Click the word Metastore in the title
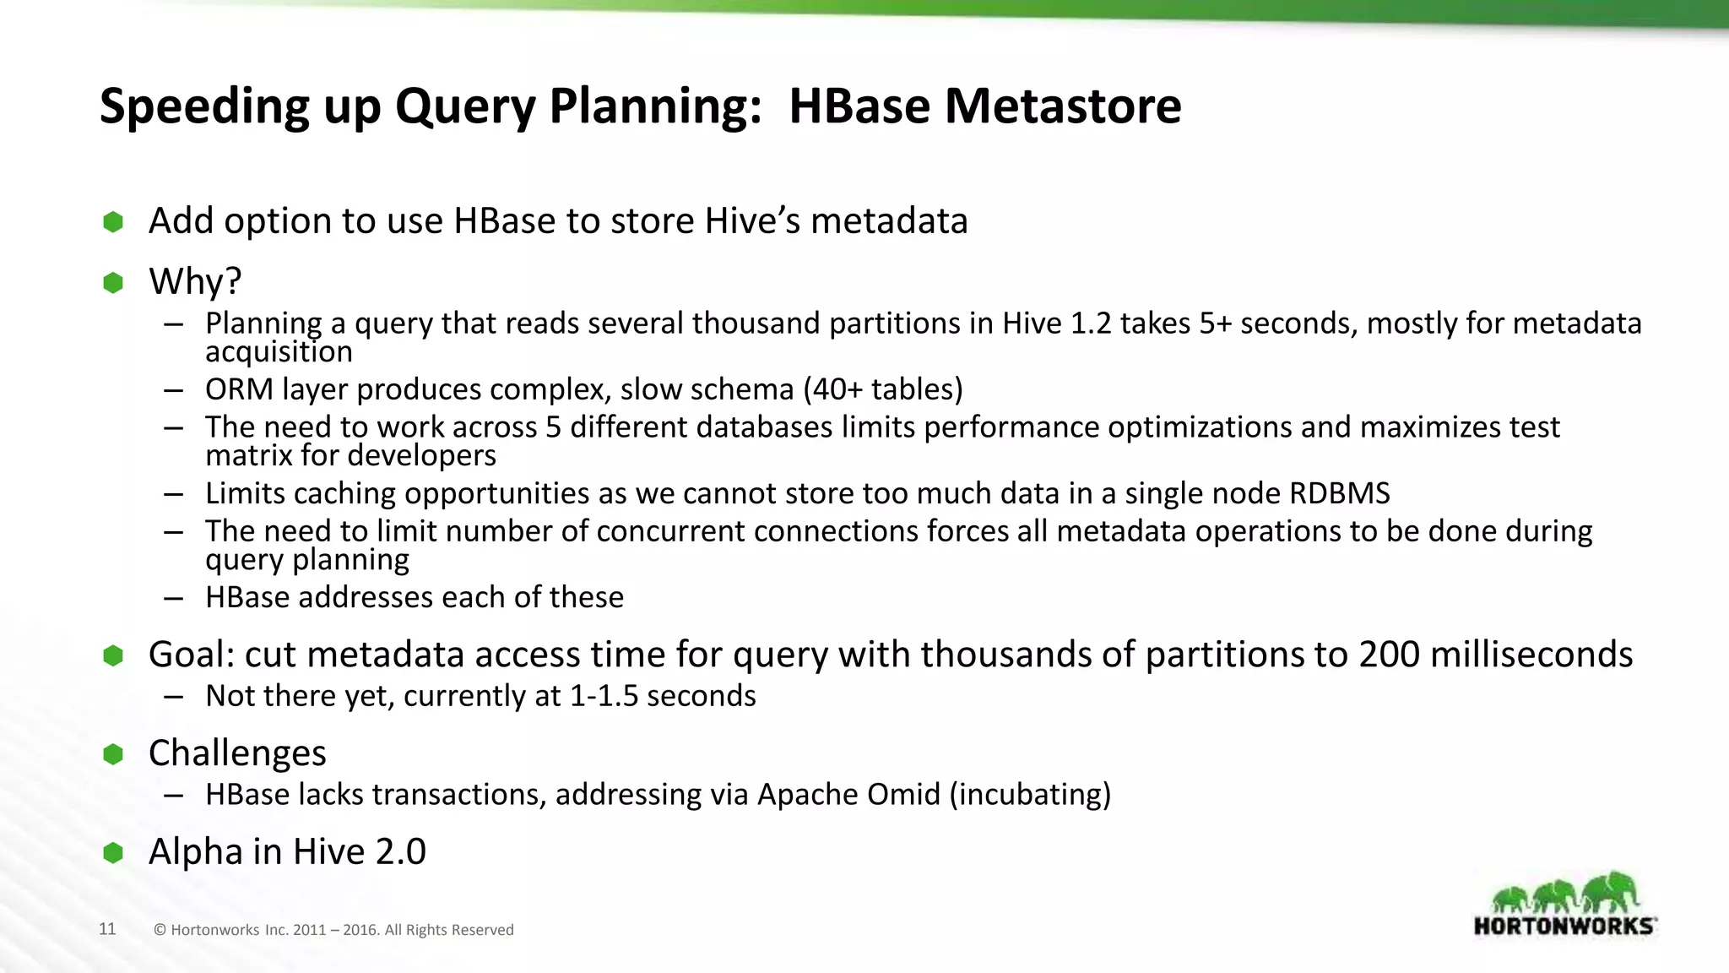coord(1062,106)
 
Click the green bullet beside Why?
coord(113,282)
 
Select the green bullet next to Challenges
coord(113,753)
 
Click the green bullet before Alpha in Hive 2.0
coord(113,852)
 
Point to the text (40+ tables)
coord(882,389)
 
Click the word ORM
coord(239,389)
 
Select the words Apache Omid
coord(848,795)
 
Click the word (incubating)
coord(1030,795)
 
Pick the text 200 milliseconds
coord(1495,655)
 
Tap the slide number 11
coord(107,929)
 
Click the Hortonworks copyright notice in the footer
coord(333,930)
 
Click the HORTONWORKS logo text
coord(1564,926)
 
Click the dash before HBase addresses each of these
coord(174,598)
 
